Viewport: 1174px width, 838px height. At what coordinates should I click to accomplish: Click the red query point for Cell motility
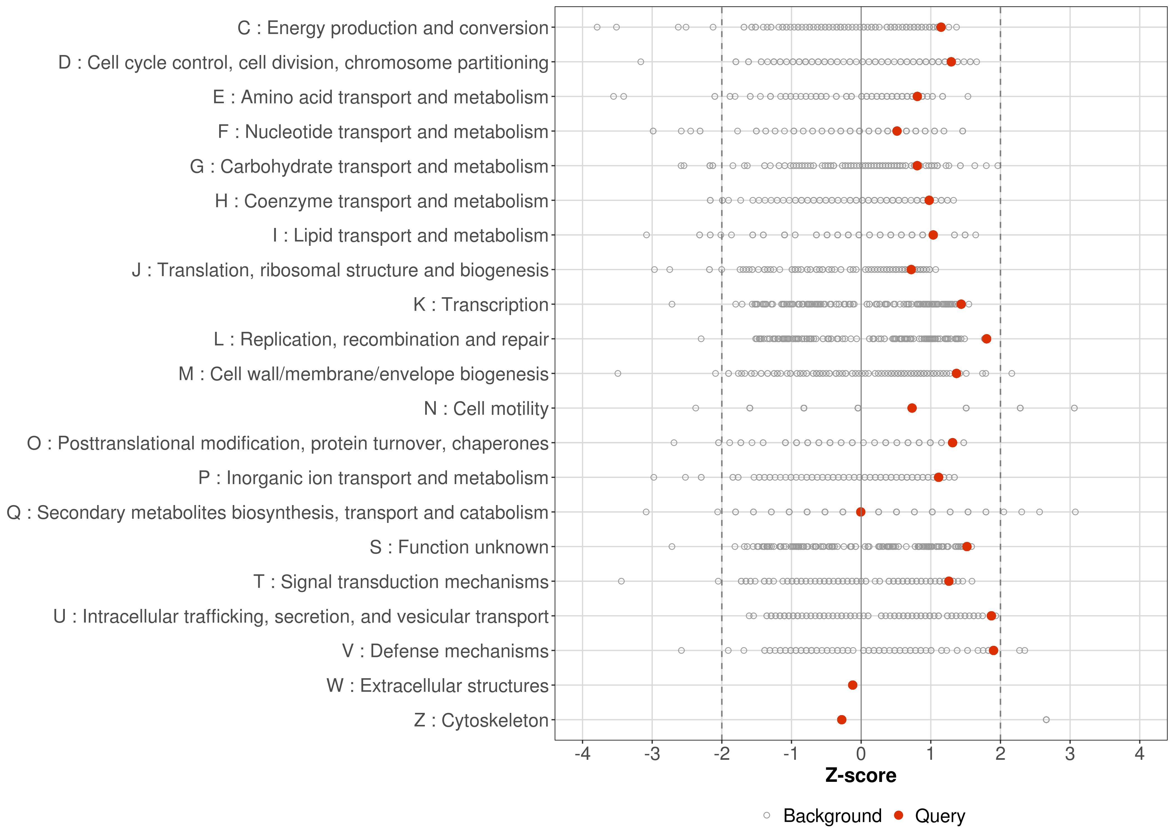click(912, 408)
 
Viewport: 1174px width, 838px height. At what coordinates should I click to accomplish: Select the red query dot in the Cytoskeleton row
click(842, 720)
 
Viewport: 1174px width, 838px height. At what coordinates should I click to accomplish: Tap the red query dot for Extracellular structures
click(852, 685)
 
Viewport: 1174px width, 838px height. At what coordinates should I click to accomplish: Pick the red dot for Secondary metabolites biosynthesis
click(861, 512)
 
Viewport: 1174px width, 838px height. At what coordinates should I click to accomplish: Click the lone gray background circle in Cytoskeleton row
click(1046, 720)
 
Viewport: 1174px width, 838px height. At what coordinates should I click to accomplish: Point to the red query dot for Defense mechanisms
click(993, 650)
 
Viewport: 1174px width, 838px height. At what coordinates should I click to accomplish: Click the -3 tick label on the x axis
click(652, 754)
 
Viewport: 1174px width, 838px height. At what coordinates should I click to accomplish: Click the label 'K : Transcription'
click(481, 304)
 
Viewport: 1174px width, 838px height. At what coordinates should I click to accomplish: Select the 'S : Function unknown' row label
click(459, 547)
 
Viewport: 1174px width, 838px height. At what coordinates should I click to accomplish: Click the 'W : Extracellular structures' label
click(437, 686)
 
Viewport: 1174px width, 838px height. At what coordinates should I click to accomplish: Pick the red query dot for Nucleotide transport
click(897, 131)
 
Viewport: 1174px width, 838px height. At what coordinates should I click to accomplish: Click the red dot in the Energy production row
click(941, 27)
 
